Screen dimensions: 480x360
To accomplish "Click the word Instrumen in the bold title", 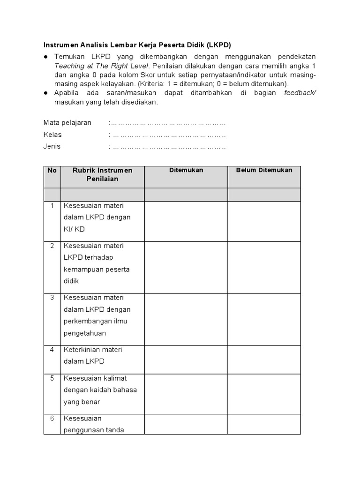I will [60, 45].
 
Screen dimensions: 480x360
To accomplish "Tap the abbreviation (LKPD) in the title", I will [218, 45].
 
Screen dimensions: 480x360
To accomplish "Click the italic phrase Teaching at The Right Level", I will [101, 66].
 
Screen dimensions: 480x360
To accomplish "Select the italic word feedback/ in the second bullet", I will [300, 93].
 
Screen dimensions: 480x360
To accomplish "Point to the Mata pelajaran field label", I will [67, 123].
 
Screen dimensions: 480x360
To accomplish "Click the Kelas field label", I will [52, 135].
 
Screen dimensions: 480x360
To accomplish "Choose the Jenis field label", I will [52, 146].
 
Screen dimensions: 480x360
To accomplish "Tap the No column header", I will [52, 171].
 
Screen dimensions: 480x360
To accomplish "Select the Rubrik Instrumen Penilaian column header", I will [102, 174].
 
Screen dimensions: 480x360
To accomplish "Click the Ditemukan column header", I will [186, 171].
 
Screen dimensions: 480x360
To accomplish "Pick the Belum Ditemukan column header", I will [264, 171].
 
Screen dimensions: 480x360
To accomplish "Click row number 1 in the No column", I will [52, 206].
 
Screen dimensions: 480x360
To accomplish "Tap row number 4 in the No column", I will [52, 350].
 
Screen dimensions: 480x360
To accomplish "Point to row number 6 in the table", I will [52, 418].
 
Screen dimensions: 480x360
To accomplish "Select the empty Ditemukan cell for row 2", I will [186, 268].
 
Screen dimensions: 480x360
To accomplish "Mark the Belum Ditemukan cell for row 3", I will [264, 320].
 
